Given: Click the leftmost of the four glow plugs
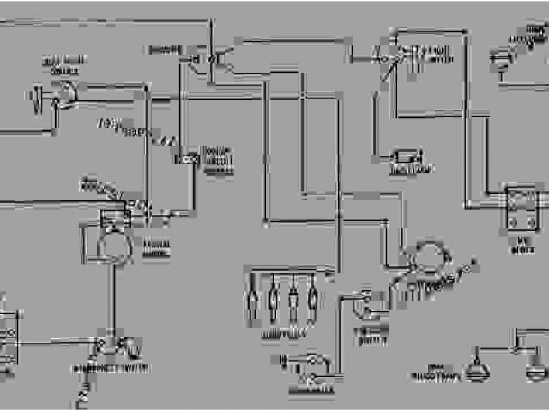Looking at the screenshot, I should tap(252, 301).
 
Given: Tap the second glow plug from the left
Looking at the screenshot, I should tap(274, 301).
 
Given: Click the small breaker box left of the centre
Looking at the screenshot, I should tap(187, 158).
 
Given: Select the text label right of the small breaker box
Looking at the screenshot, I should tap(218, 161).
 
